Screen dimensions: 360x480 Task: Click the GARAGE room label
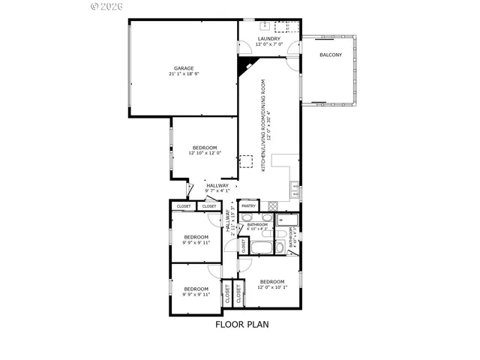click(184, 68)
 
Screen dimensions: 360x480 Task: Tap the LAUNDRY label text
click(268, 39)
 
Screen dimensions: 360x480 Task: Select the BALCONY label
click(331, 55)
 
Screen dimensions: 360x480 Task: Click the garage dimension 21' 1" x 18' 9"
click(184, 75)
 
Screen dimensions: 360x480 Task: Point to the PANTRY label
click(249, 205)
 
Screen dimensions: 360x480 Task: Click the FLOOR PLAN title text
click(241, 325)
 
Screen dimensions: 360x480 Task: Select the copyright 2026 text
click(108, 6)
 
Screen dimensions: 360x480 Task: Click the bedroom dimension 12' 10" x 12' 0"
click(205, 154)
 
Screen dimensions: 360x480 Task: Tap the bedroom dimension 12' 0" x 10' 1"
click(271, 288)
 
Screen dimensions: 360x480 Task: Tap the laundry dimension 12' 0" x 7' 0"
click(268, 45)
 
